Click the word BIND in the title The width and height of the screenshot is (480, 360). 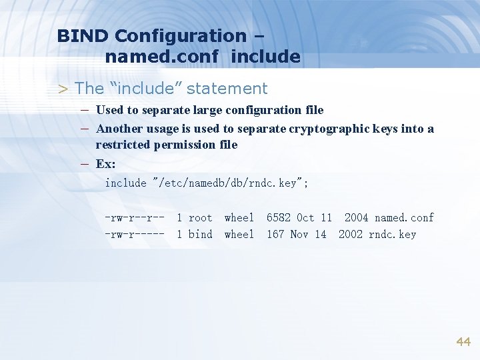coord(83,35)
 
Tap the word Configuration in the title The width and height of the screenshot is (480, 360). coord(180,35)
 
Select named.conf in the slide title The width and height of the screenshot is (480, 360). coord(161,57)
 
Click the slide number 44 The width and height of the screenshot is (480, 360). coord(463,341)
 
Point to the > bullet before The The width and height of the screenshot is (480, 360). coord(63,89)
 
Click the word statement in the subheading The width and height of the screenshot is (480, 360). coord(229,88)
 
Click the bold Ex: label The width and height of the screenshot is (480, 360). coord(105,163)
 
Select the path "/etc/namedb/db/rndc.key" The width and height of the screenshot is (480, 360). coord(230,183)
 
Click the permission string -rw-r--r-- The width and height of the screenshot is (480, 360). coord(135,217)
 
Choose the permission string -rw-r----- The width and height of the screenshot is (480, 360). coord(135,234)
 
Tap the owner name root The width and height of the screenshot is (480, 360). coord(200,217)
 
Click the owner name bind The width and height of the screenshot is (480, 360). coord(200,234)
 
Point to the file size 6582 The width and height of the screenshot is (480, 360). coord(278,217)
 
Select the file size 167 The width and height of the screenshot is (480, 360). coord(275,234)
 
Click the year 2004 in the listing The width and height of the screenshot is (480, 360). coord(356,217)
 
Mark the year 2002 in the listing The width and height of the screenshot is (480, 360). coord(351,234)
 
